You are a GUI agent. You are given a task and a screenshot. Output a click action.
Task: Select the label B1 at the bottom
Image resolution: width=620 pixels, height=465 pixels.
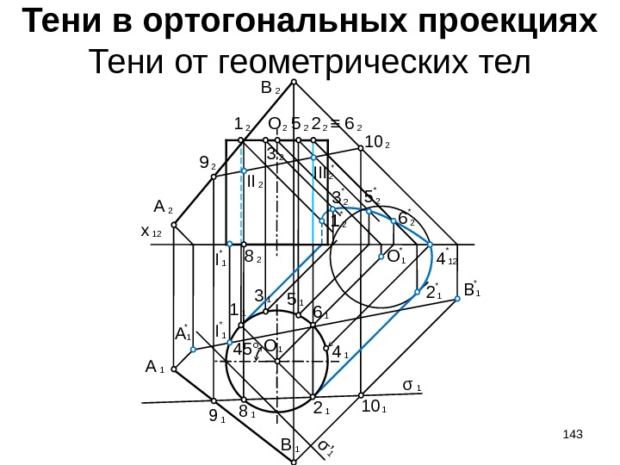pos(289,446)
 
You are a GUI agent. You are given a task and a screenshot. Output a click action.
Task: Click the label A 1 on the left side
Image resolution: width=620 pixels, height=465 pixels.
pos(155,368)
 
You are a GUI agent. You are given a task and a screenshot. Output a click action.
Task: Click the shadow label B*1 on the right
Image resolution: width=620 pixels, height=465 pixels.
pos(472,289)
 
